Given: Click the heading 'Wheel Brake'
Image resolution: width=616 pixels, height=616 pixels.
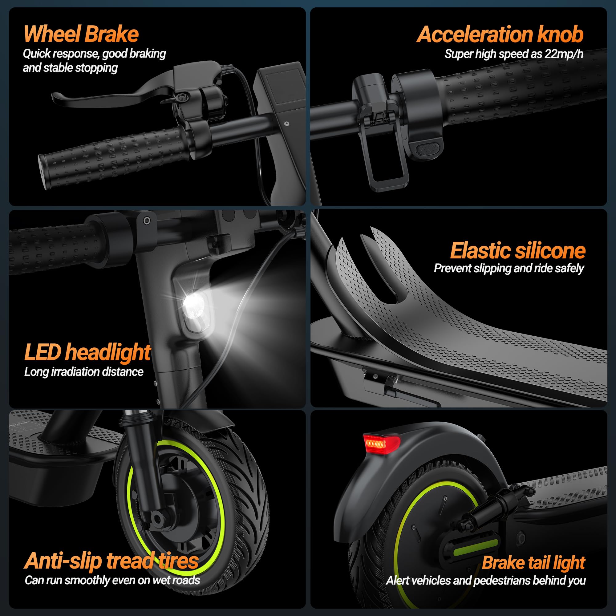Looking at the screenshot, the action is click(x=81, y=34).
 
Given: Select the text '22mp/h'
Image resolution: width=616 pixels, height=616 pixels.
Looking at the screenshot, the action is click(x=564, y=54).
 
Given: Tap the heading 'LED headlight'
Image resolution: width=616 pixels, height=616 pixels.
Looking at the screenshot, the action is click(x=87, y=352).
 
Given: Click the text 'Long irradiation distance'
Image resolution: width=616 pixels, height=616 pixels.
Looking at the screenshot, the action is click(x=83, y=372).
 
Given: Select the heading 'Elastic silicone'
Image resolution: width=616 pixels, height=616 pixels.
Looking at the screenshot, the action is click(x=517, y=251).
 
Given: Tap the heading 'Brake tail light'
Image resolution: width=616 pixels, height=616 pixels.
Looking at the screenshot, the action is click(x=533, y=563).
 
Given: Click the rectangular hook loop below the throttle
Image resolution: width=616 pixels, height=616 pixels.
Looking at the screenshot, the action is click(x=387, y=174).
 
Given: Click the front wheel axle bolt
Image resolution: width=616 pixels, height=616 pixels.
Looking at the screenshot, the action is click(x=157, y=518).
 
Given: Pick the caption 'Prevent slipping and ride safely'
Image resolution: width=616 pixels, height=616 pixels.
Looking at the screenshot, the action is click(x=509, y=269).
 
